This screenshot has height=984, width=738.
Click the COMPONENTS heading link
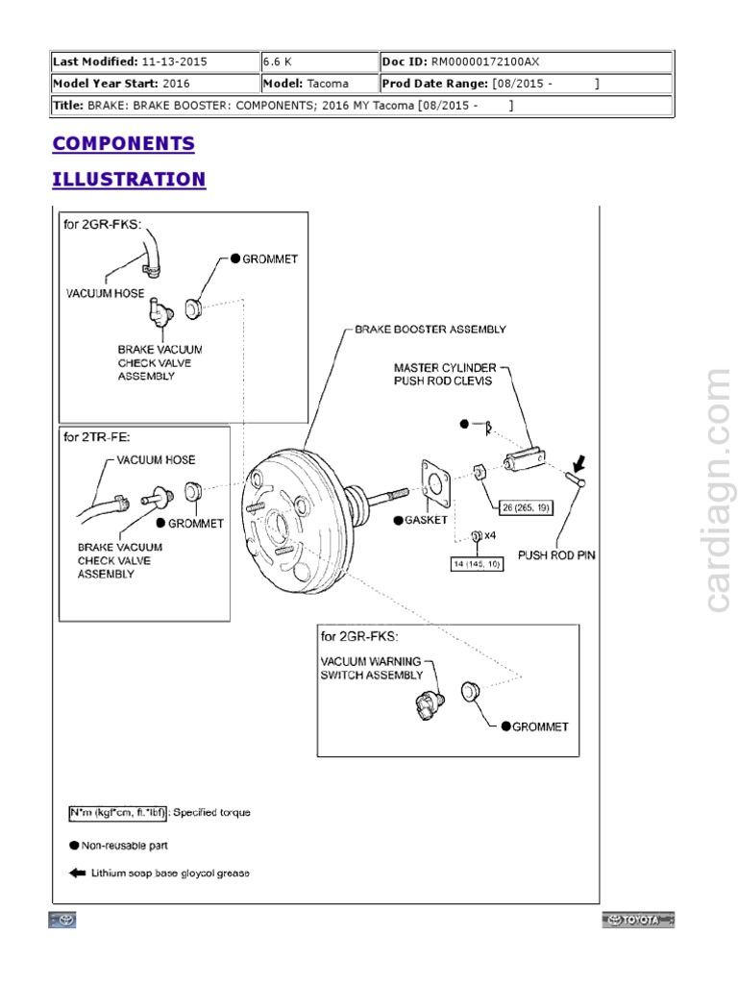coord(123,144)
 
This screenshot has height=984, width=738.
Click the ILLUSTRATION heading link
coord(129,180)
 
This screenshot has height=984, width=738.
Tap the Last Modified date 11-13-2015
coord(174,61)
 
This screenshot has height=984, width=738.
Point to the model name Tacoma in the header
coord(328,84)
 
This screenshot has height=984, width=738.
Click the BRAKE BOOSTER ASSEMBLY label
coord(430,329)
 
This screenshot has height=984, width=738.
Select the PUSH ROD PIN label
coord(556,554)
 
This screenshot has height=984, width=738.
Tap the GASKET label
coord(426,519)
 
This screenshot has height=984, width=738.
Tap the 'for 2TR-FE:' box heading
coord(98,437)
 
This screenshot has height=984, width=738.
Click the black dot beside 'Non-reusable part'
coord(74,847)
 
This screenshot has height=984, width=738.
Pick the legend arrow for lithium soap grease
coord(75,873)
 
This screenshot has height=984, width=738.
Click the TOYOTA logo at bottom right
coord(639,921)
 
